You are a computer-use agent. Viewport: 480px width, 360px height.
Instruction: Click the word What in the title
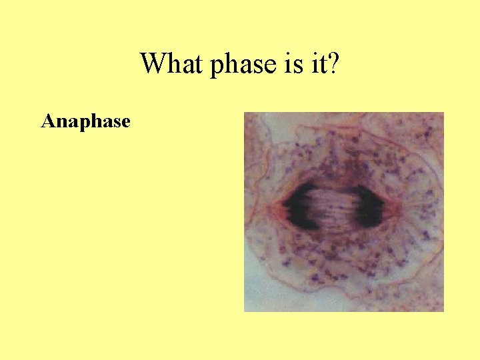171,64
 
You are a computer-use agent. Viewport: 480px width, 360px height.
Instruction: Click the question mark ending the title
332,64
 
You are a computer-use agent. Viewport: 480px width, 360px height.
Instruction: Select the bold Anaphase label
85,121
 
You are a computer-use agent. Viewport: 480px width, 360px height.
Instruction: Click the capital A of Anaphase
47,121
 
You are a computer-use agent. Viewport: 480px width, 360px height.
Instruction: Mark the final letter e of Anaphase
125,122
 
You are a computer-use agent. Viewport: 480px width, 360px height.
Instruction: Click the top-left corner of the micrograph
245,113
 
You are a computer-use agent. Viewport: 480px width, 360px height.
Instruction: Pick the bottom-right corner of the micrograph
443,311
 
